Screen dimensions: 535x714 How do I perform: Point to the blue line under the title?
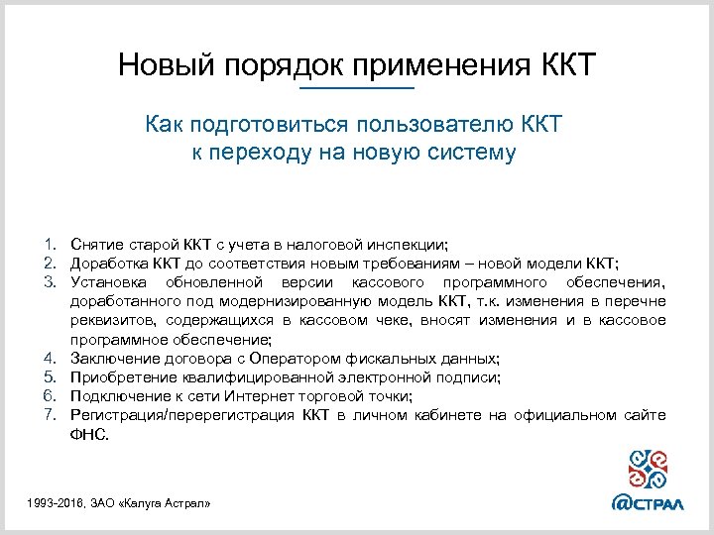click(356, 90)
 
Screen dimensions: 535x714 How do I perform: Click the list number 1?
click(48, 244)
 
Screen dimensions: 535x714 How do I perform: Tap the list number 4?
click(48, 358)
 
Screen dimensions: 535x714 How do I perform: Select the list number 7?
click(48, 414)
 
